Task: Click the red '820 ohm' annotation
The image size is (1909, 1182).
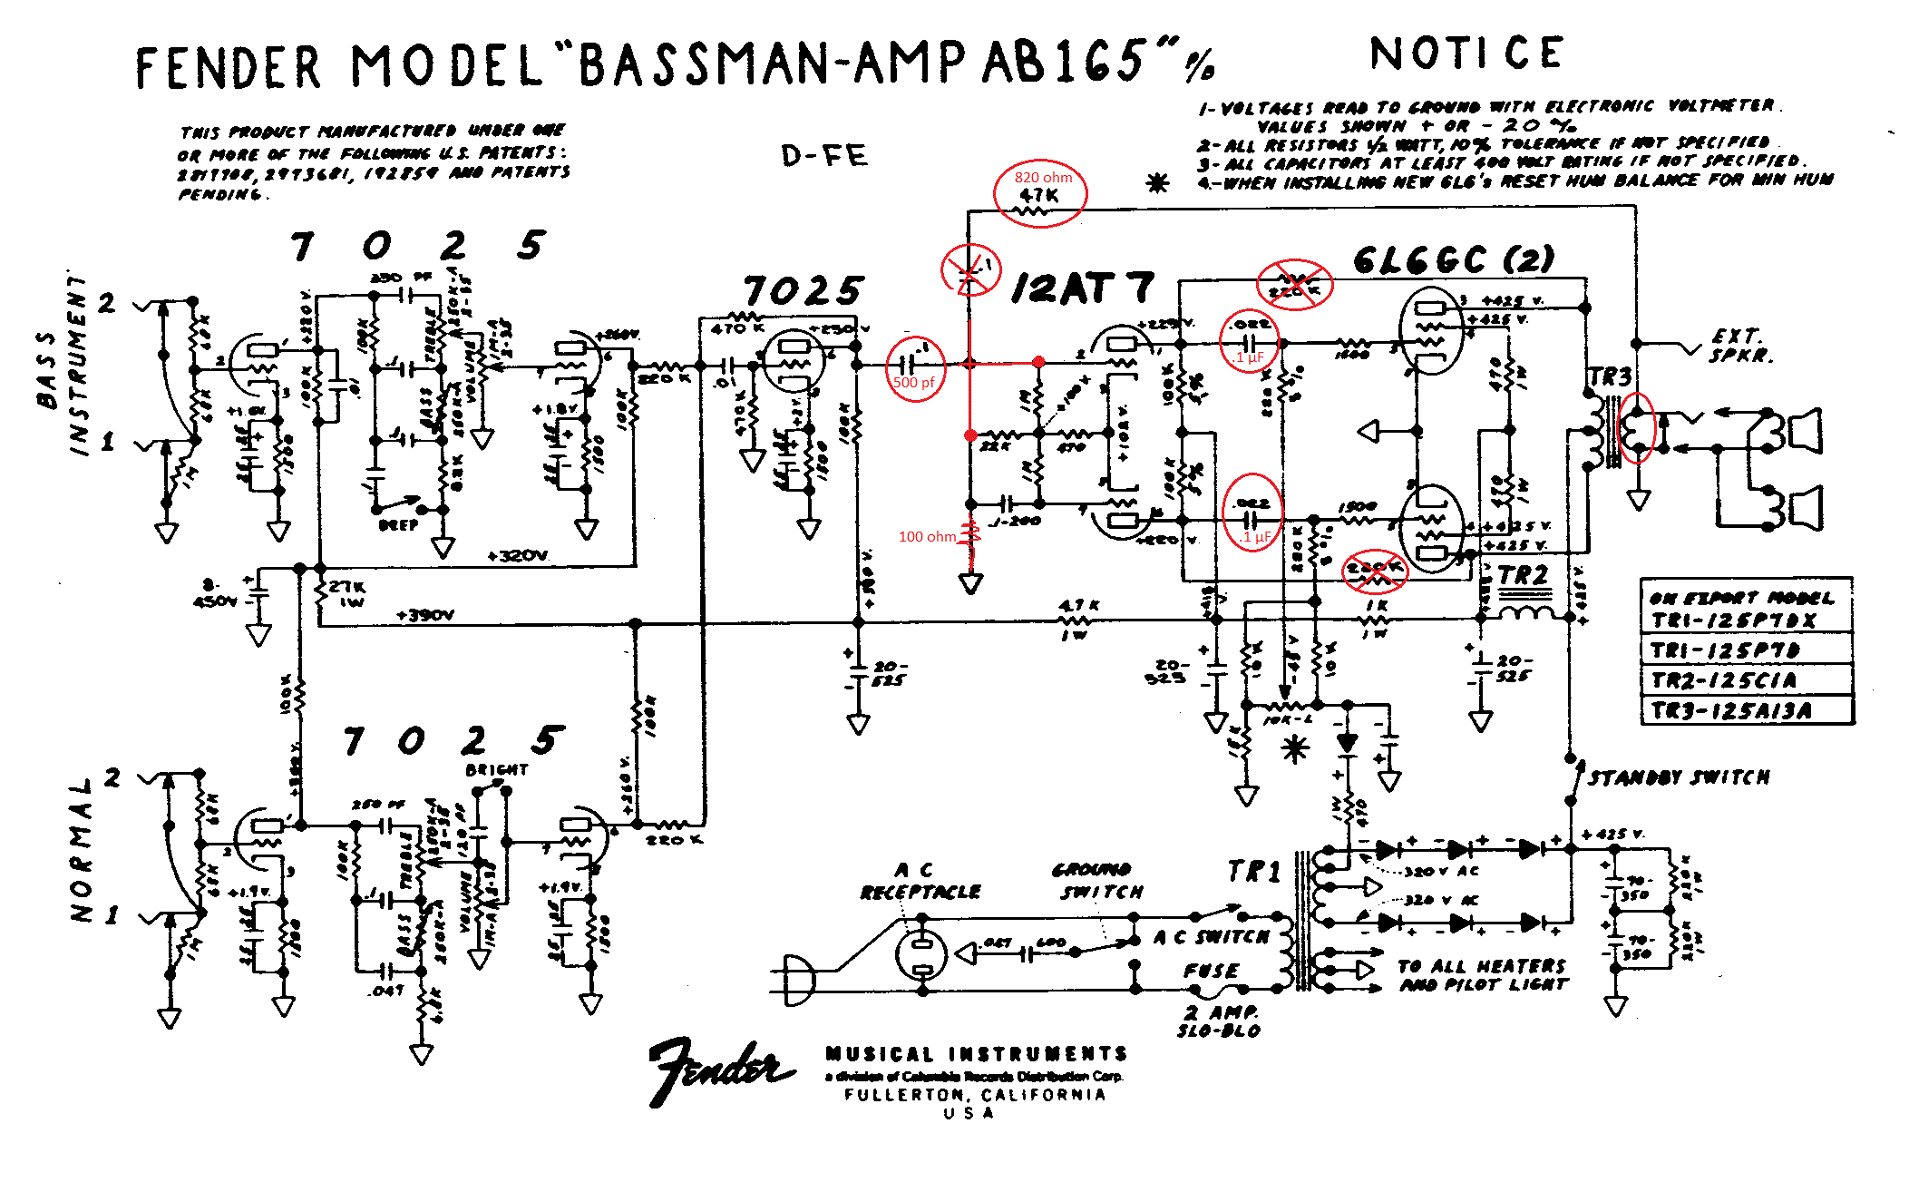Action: pyautogui.click(x=1043, y=178)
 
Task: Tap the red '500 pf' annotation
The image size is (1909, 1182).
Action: pyautogui.click(x=913, y=383)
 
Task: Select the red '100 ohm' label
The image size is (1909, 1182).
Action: pyautogui.click(x=926, y=537)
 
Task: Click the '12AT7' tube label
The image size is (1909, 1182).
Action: pyautogui.click(x=1083, y=288)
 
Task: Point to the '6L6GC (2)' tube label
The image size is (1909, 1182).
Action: pyautogui.click(x=1453, y=260)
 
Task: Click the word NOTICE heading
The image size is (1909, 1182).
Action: pyautogui.click(x=1466, y=54)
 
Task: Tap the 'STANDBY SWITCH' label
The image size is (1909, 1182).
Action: pyautogui.click(x=1679, y=777)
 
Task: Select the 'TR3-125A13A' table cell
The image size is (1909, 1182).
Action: pyautogui.click(x=1731, y=710)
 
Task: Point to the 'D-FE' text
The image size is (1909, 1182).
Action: pyautogui.click(x=824, y=156)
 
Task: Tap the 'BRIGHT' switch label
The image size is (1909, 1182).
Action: pyautogui.click(x=496, y=769)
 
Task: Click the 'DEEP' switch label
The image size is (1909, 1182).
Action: pyautogui.click(x=399, y=525)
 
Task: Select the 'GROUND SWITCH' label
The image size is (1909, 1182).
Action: pyautogui.click(x=1098, y=881)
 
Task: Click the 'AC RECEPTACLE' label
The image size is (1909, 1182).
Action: pyautogui.click(x=920, y=881)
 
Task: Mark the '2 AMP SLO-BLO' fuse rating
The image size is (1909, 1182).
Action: pyautogui.click(x=1219, y=1021)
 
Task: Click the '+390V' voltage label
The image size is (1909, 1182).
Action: pyautogui.click(x=425, y=615)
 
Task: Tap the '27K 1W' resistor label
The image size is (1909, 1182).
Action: pyautogui.click(x=347, y=593)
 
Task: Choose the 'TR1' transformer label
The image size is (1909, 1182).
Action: pyautogui.click(x=1253, y=872)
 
